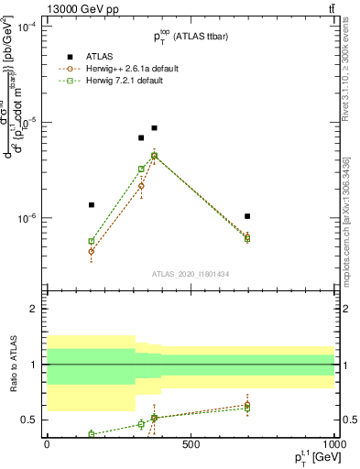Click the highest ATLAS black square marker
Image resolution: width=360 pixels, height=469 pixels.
click(154, 128)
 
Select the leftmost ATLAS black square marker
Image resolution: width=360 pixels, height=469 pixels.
click(92, 205)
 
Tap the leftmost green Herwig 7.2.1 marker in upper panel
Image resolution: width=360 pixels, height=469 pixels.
click(92, 241)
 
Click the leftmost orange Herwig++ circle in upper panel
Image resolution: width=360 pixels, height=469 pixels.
click(92, 251)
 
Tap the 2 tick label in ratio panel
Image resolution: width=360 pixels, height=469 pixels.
click(34, 309)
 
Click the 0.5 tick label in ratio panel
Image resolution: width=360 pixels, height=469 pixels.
click(29, 420)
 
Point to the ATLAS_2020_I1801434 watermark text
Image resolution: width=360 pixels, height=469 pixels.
click(190, 274)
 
